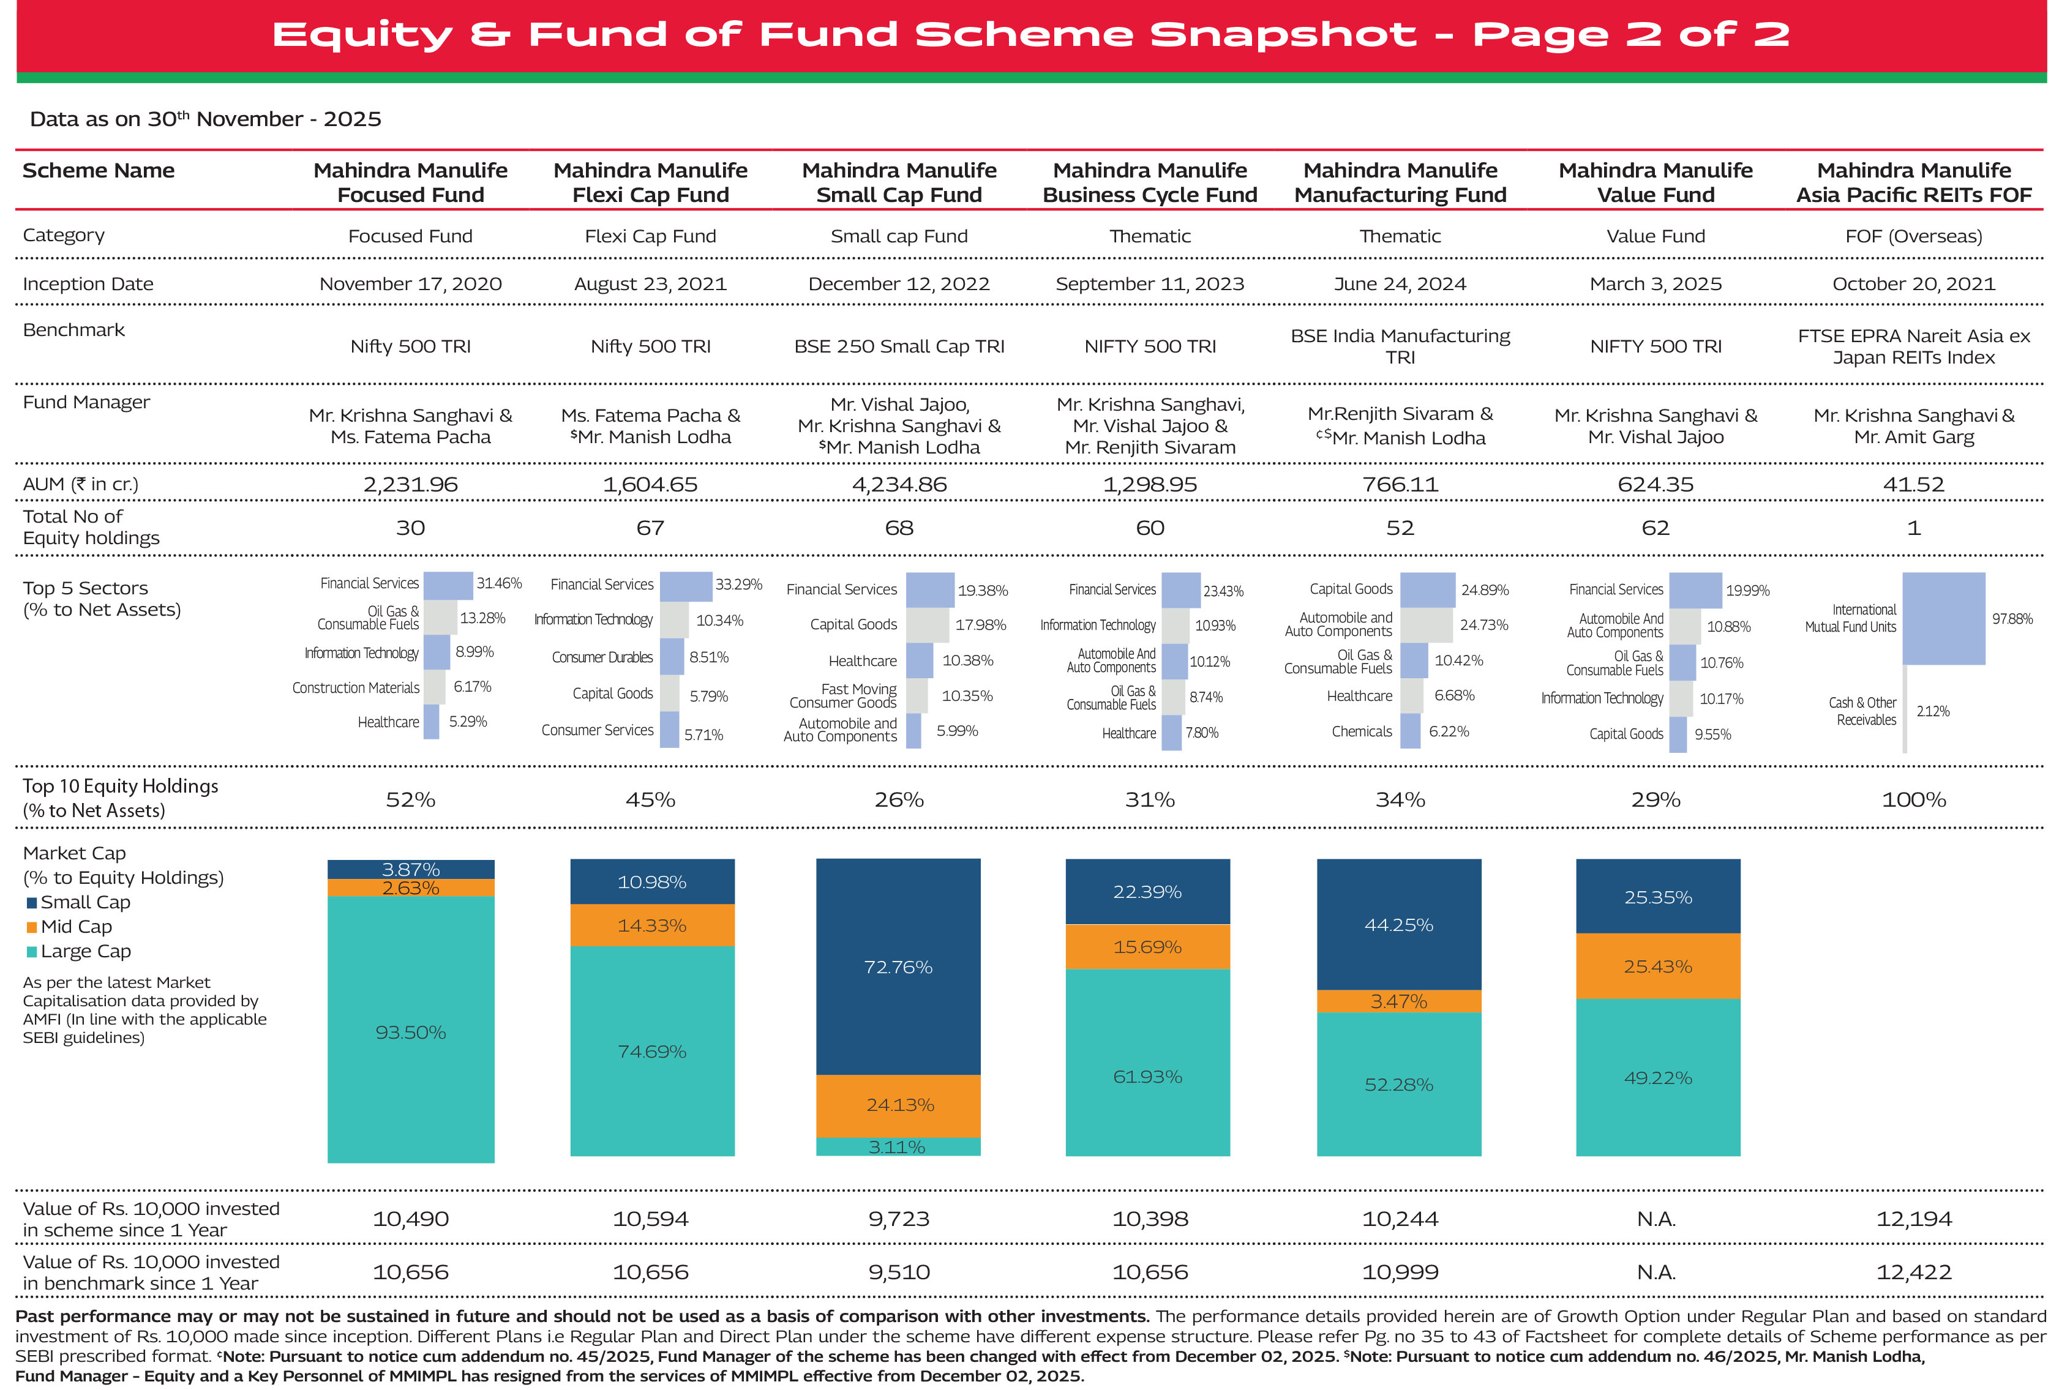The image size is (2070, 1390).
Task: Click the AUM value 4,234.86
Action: click(x=899, y=485)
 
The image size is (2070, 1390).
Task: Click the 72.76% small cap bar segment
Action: click(x=898, y=967)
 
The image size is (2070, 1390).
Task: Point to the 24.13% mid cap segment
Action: click(x=899, y=1105)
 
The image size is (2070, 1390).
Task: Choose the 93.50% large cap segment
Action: click(x=410, y=1033)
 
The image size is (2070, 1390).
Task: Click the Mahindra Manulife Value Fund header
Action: click(x=1655, y=182)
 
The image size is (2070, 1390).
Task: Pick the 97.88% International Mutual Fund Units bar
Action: click(x=1943, y=619)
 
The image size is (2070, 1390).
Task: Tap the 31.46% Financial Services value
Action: click(x=499, y=583)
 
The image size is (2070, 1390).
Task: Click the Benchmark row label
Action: click(x=73, y=331)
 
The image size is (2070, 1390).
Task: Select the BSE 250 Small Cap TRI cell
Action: click(x=899, y=346)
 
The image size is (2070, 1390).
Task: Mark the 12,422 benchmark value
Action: click(x=1913, y=1272)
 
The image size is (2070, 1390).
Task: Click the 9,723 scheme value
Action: click(x=899, y=1219)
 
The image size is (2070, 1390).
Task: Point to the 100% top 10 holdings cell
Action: click(x=1913, y=799)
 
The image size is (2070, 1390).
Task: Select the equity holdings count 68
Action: click(x=899, y=528)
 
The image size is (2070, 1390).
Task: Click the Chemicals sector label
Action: click(x=1362, y=731)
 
